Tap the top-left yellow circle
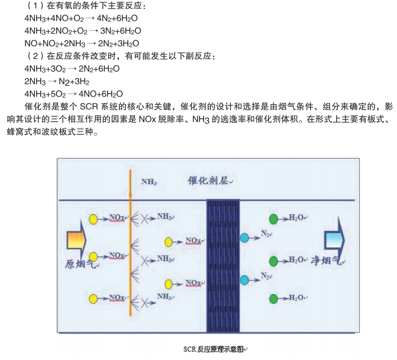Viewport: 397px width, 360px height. point(93,220)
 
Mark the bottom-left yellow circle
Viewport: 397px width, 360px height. point(93,298)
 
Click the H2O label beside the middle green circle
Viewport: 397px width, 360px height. point(297,259)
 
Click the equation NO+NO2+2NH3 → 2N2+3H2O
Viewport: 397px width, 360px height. point(82,43)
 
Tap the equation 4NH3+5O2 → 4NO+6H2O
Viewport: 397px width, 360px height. point(73,94)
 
